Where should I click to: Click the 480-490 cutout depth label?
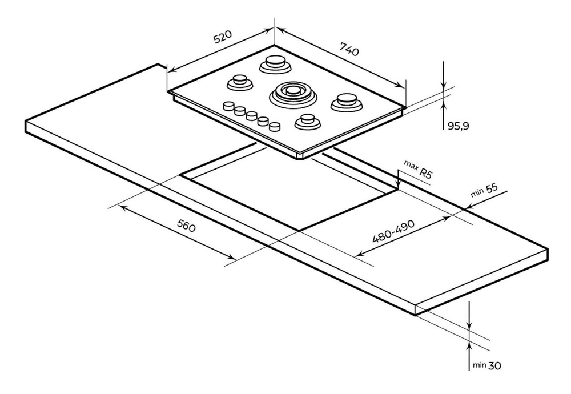393,231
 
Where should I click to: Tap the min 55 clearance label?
485,191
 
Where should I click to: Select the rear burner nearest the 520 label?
275,63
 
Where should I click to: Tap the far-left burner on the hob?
239,82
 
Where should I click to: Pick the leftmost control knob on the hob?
228,106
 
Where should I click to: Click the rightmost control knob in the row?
275,126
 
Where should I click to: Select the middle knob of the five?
251,116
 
